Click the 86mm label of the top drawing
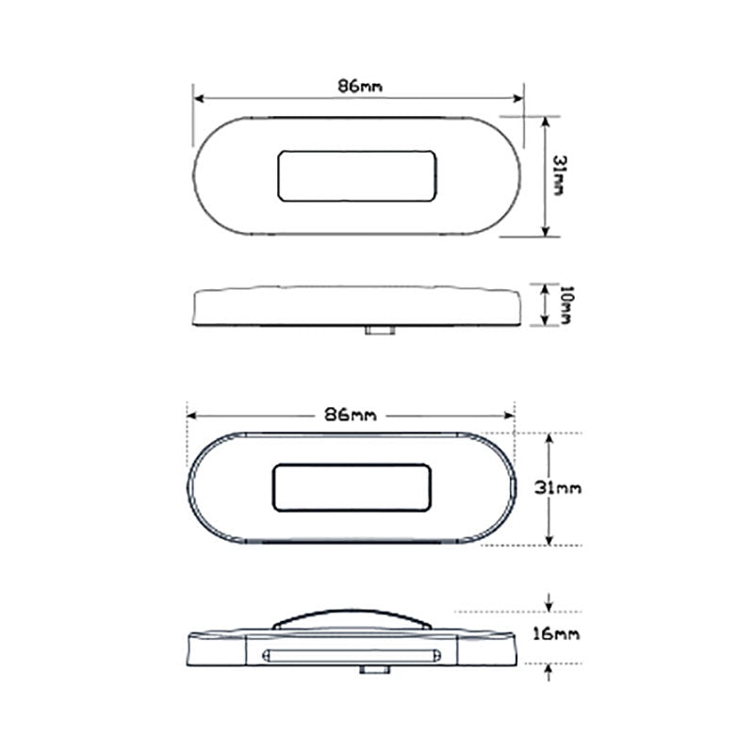click(x=360, y=86)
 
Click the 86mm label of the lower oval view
click(x=351, y=415)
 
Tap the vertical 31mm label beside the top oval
click(x=558, y=175)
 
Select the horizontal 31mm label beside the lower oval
click(x=558, y=488)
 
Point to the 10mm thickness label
click(x=566, y=304)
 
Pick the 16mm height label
click(x=556, y=634)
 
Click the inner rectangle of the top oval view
click(x=357, y=176)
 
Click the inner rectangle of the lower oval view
click(x=352, y=487)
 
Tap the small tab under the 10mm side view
click(x=380, y=330)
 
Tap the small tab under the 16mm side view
click(x=375, y=669)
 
